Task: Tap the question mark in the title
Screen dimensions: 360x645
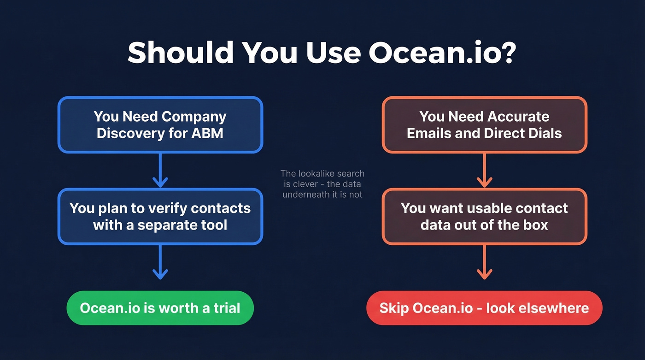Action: pos(506,53)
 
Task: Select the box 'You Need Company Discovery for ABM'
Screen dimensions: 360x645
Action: pos(160,124)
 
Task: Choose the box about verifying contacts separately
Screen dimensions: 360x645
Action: pos(160,216)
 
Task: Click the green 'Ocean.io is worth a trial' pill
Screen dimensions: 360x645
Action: pos(160,308)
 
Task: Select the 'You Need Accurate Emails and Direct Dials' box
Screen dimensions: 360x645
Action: pos(484,124)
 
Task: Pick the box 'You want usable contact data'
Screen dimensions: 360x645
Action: pos(484,216)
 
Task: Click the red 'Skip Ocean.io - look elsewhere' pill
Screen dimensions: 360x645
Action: pos(484,308)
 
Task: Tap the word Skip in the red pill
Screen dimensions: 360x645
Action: pos(394,308)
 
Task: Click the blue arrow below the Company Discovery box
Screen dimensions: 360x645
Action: pos(160,170)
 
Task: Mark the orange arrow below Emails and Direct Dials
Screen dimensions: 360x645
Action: pos(484,170)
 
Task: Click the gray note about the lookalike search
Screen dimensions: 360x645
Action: pos(322,184)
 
